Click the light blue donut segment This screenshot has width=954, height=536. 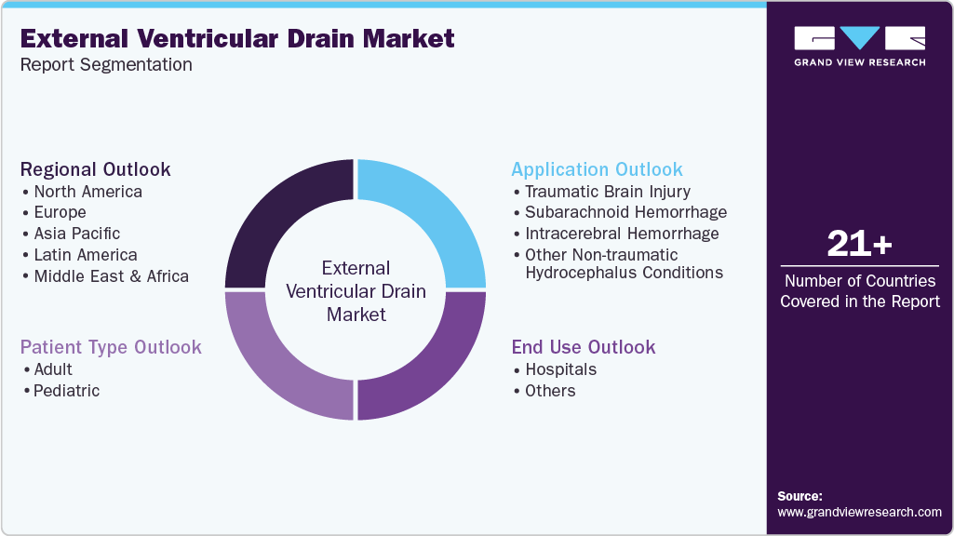click(428, 214)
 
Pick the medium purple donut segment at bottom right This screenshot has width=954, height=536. click(428, 363)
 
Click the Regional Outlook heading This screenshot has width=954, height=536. click(96, 169)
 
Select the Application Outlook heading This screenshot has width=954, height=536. click(597, 169)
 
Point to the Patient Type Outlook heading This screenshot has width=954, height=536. click(111, 347)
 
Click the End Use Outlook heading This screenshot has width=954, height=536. click(584, 347)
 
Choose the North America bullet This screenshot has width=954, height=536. click(87, 192)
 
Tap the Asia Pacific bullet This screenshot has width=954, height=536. click(76, 234)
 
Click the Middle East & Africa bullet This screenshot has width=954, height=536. click(111, 276)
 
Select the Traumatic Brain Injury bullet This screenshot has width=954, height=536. click(607, 192)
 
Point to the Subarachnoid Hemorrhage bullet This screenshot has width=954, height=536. click(625, 212)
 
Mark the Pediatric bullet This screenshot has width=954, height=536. click(66, 391)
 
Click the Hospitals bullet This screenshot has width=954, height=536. click(560, 369)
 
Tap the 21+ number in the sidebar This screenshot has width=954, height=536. click(859, 245)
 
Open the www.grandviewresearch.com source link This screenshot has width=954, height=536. click(859, 512)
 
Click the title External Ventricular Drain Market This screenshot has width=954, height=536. click(237, 38)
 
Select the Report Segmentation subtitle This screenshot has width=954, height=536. click(106, 65)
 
